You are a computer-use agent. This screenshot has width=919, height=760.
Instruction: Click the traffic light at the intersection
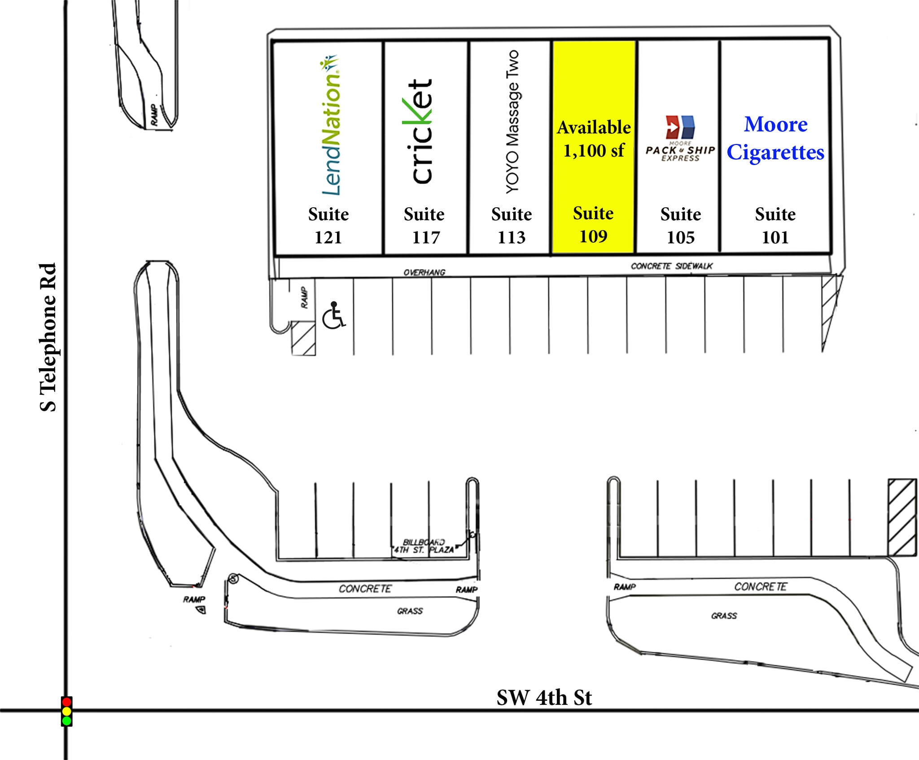[66, 711]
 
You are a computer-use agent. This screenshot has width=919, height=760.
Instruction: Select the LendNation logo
[331, 125]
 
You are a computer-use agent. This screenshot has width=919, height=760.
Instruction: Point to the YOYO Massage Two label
[512, 122]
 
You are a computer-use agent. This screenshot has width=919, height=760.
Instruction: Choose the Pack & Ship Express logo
[680, 139]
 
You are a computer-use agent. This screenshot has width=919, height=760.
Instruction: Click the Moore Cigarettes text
[775, 138]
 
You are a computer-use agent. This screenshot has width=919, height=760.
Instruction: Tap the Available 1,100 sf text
[594, 139]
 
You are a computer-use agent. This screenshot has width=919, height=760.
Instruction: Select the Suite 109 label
[593, 225]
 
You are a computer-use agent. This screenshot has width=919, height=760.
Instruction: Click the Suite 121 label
[328, 226]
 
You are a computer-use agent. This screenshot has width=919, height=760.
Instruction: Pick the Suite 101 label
[775, 226]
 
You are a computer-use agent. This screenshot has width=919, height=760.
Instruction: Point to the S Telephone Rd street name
[48, 337]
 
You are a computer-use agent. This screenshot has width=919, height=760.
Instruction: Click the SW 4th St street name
[544, 698]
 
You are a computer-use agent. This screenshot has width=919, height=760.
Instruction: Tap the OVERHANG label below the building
[424, 272]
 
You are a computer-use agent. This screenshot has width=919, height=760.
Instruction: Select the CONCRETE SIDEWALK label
[671, 266]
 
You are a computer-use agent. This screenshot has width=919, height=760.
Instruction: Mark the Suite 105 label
[680, 226]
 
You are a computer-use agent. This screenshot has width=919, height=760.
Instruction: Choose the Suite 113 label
[511, 226]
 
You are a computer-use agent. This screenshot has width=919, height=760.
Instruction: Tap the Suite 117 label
[424, 226]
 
